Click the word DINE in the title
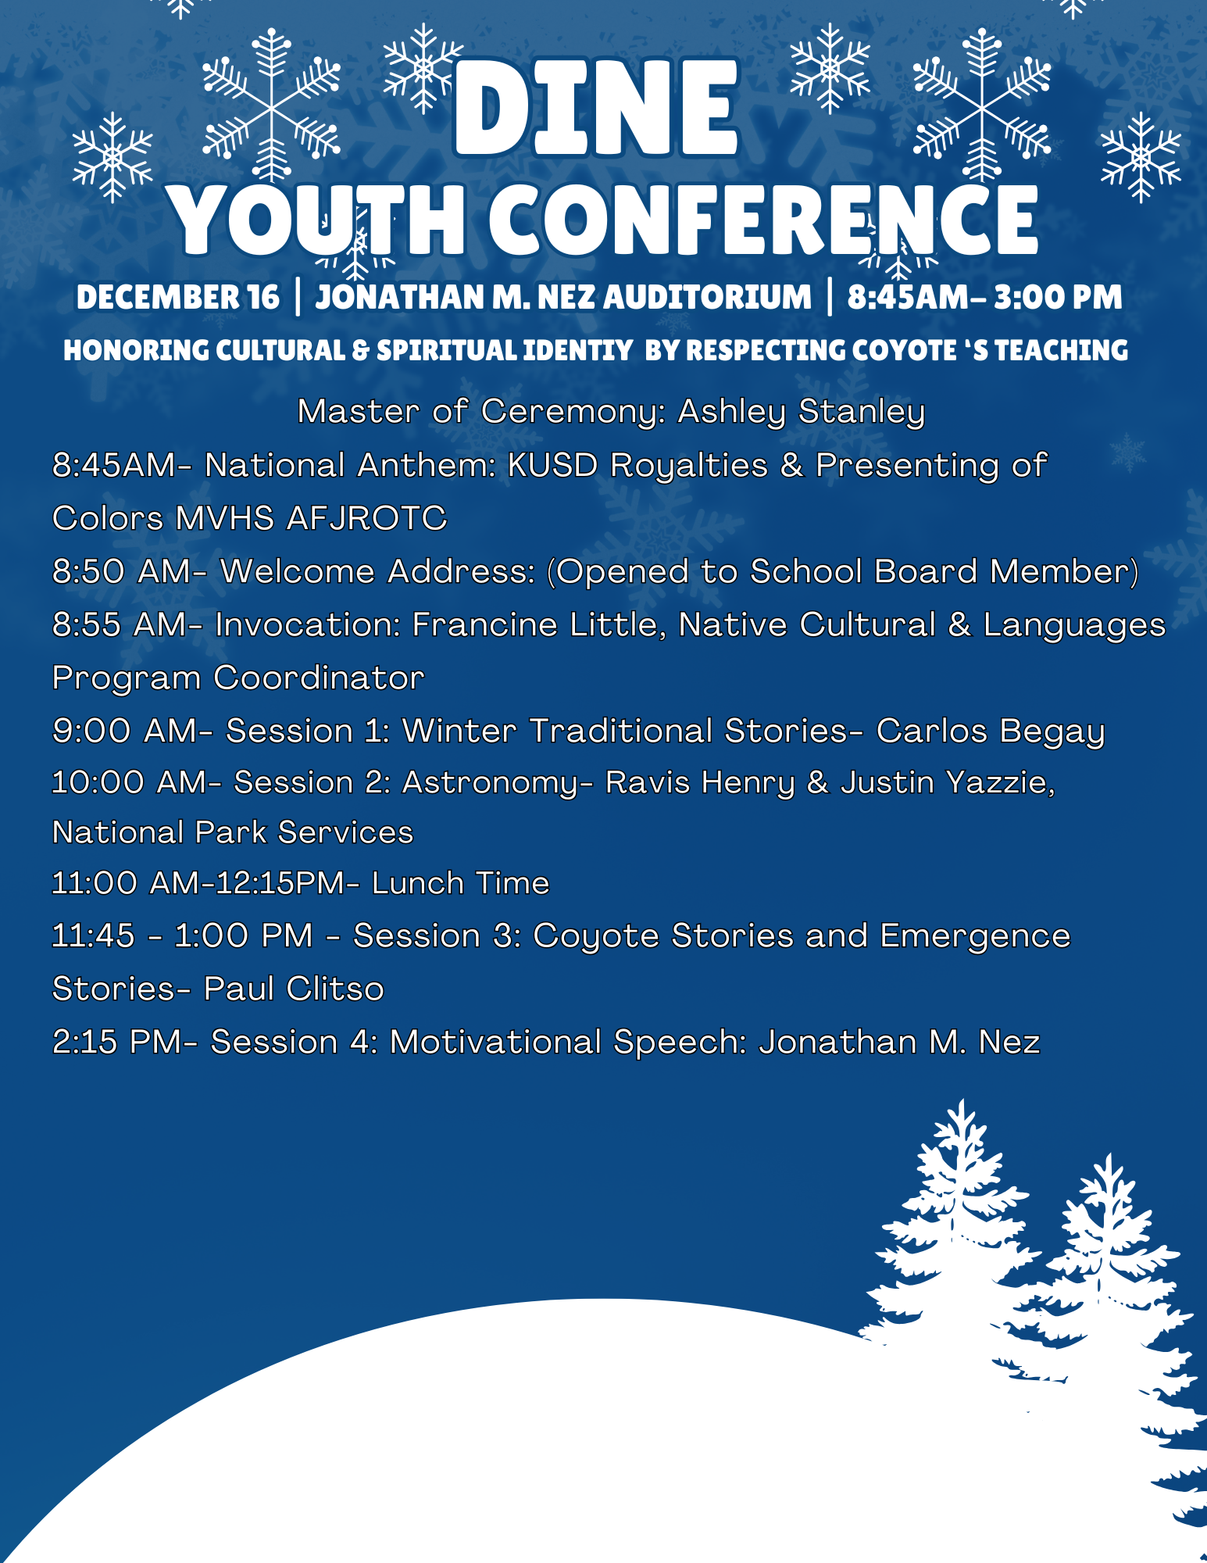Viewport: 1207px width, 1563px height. [x=595, y=108]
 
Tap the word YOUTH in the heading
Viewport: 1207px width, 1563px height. [x=318, y=221]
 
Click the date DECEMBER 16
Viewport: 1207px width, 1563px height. [x=177, y=297]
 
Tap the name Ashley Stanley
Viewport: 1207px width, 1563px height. [x=802, y=411]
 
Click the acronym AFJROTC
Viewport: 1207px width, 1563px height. [x=366, y=517]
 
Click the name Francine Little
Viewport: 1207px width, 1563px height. [x=538, y=624]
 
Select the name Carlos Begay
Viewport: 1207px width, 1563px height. [x=991, y=731]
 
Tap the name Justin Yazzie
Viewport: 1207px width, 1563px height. [x=948, y=782]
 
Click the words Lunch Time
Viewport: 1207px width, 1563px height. [x=461, y=883]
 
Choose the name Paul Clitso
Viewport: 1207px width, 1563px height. [x=294, y=989]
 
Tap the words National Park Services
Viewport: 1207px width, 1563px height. [x=233, y=832]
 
